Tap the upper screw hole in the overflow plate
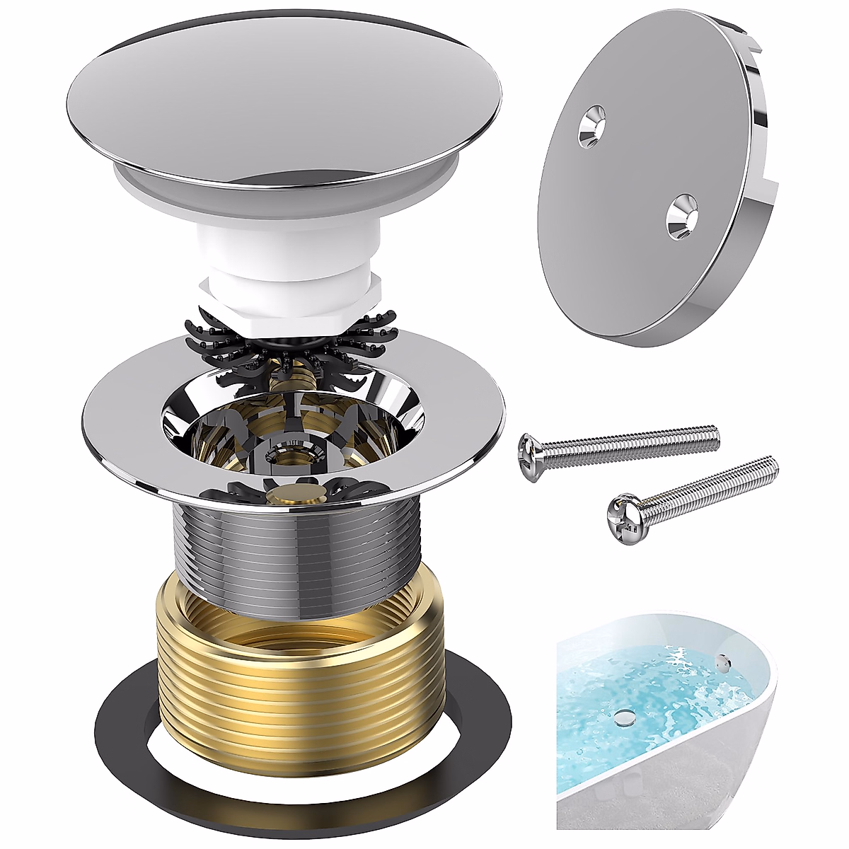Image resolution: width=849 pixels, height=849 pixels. pos(591,125)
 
